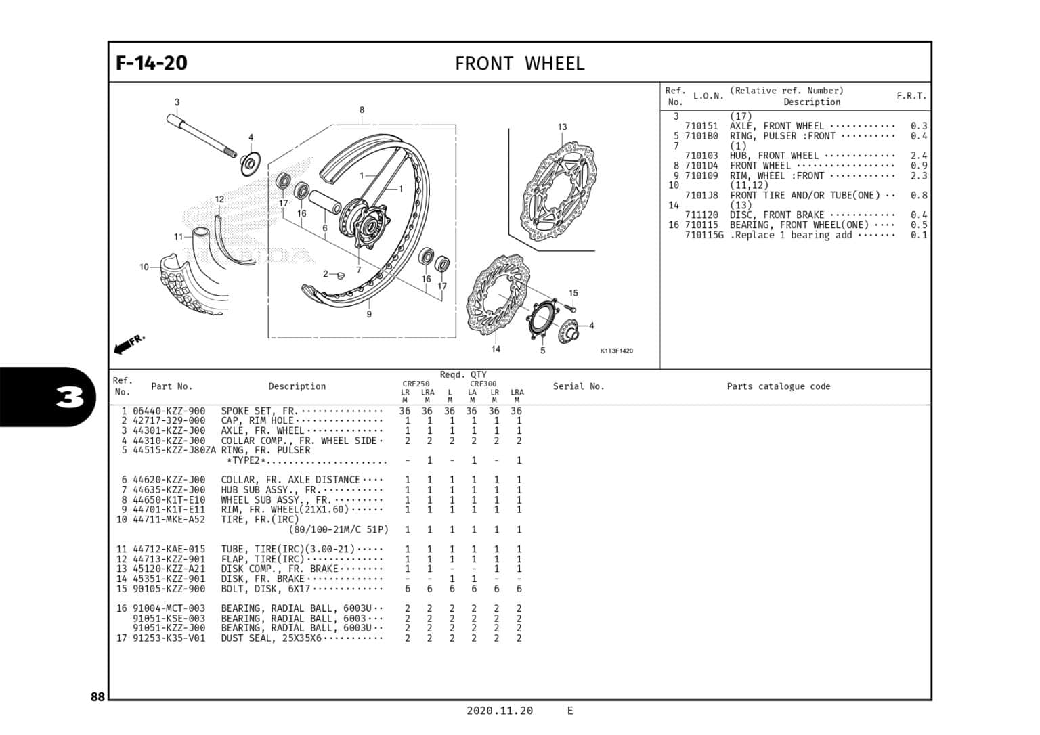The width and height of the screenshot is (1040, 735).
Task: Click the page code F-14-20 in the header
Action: (x=151, y=63)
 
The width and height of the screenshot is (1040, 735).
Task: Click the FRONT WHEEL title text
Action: (x=519, y=64)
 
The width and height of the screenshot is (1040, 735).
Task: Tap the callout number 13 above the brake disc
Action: (x=562, y=127)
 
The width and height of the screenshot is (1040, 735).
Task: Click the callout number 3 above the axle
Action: (x=177, y=102)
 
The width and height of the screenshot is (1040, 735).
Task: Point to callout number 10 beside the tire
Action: (x=144, y=267)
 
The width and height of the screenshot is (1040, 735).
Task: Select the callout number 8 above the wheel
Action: (x=362, y=110)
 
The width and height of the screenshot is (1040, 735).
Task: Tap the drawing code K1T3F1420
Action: (x=616, y=351)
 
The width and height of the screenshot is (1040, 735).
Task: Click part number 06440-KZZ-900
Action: (x=169, y=411)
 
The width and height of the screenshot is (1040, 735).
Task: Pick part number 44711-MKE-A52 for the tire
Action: (x=169, y=520)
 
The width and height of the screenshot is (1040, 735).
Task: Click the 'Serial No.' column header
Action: (x=578, y=386)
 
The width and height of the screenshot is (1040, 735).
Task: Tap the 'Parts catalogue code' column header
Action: (x=778, y=386)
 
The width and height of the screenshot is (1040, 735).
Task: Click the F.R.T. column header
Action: (x=911, y=96)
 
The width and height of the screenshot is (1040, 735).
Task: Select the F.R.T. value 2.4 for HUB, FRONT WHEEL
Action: (x=918, y=156)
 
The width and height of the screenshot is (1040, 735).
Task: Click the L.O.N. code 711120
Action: (x=701, y=215)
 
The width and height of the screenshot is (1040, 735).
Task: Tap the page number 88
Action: (x=97, y=697)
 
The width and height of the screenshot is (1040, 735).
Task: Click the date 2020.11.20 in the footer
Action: (x=499, y=711)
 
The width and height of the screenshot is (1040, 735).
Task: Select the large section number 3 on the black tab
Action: (x=70, y=397)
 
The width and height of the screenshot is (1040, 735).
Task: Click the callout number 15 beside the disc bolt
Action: (x=573, y=293)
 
